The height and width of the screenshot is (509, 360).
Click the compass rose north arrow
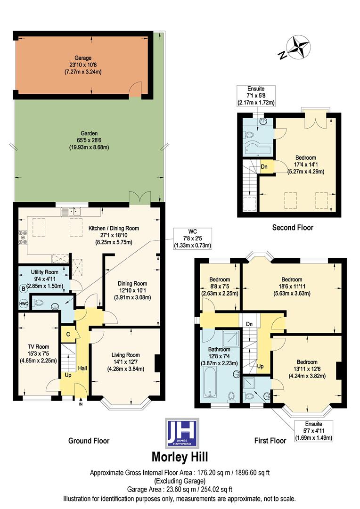[x=297, y=48]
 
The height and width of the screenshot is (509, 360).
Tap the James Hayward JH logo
[x=181, y=433]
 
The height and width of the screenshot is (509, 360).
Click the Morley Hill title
[x=180, y=457]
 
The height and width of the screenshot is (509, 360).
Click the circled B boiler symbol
[x=23, y=288]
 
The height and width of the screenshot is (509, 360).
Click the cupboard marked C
[x=68, y=334]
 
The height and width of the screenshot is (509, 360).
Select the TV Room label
[x=38, y=353]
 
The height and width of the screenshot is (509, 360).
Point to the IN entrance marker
[x=81, y=404]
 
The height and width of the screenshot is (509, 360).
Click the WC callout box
[x=192, y=238]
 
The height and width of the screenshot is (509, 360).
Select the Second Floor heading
[x=293, y=228]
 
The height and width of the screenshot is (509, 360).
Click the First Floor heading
[x=270, y=441]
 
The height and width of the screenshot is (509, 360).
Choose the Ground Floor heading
[x=89, y=441]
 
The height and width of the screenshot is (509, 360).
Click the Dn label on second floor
[x=264, y=166]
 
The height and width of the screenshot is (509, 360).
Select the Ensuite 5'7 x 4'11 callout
[x=313, y=431]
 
